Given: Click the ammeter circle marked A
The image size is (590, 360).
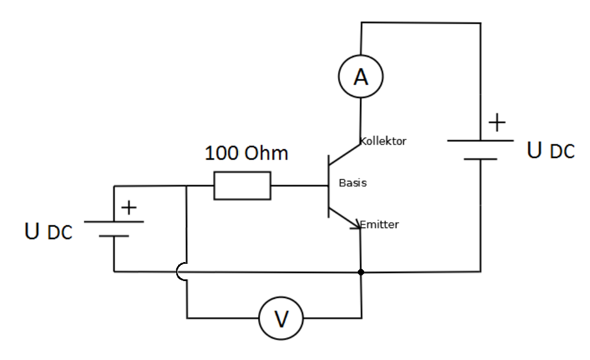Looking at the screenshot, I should click(361, 77).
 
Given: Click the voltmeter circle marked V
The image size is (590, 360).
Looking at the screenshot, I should click(281, 318).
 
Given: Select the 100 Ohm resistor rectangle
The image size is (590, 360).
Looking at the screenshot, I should click(242, 185).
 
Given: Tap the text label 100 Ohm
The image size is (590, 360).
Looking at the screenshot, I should click(246, 153).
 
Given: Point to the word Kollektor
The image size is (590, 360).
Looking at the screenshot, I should click(383, 141).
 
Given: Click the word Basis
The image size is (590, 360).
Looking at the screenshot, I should click(353, 183).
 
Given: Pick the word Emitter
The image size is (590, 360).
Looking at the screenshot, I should click(380, 225).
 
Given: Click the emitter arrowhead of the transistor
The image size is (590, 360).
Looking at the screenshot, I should click(355, 225).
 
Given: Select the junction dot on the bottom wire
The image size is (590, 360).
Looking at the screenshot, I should click(361, 271).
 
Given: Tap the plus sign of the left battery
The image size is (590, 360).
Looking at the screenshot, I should click(128, 208).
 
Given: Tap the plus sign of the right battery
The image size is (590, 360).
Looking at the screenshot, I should click(497, 123).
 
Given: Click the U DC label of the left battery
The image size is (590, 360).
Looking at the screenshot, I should click(49, 232).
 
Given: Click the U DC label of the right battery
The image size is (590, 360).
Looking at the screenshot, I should click(551, 150).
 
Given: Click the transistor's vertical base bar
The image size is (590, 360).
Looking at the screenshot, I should click(328, 185).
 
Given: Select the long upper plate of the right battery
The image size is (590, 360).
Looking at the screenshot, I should click(480, 140).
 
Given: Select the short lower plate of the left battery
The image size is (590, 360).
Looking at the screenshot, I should click(114, 236).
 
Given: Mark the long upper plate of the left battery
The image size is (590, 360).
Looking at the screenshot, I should click(114, 222).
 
